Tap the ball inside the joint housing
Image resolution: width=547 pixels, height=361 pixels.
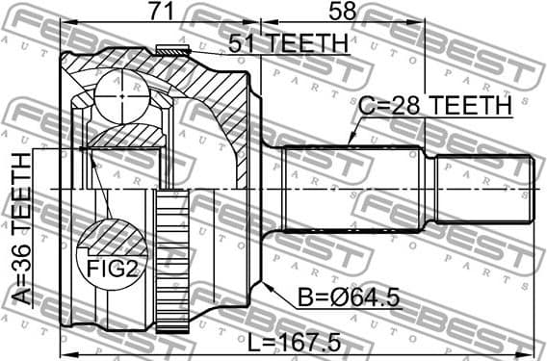coord(126,96)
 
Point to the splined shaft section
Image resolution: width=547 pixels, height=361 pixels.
coord(352,189)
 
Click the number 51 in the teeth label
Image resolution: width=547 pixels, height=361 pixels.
coord(241,42)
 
